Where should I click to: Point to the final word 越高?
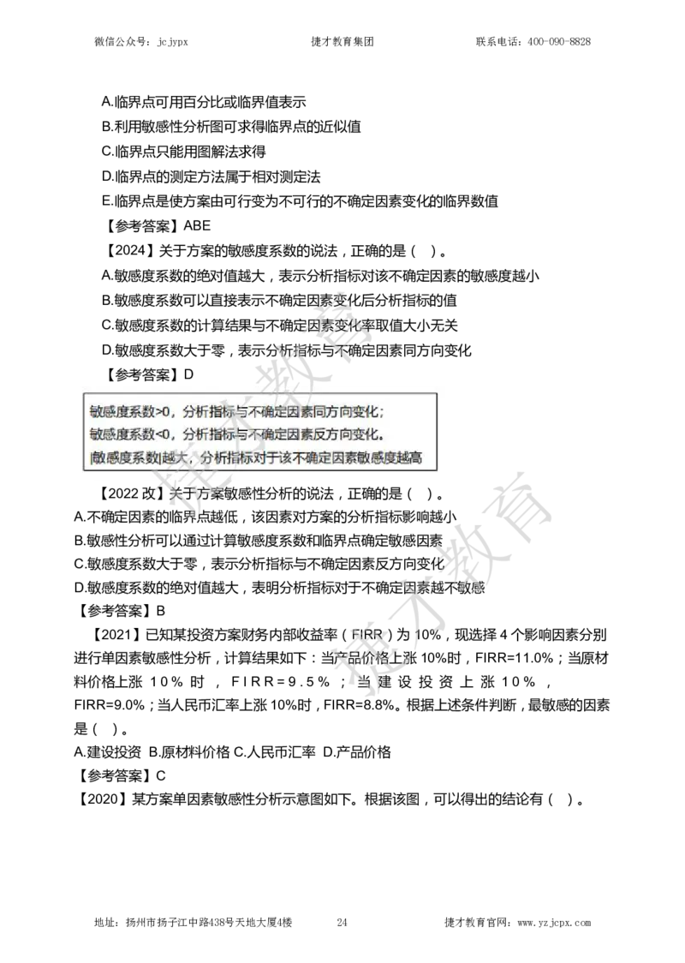[x=411, y=458]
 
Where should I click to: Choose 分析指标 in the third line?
[x=227, y=458]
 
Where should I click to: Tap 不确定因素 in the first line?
[x=277, y=410]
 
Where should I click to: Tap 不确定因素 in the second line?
[x=277, y=434]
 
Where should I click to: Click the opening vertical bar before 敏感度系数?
[x=91, y=458]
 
